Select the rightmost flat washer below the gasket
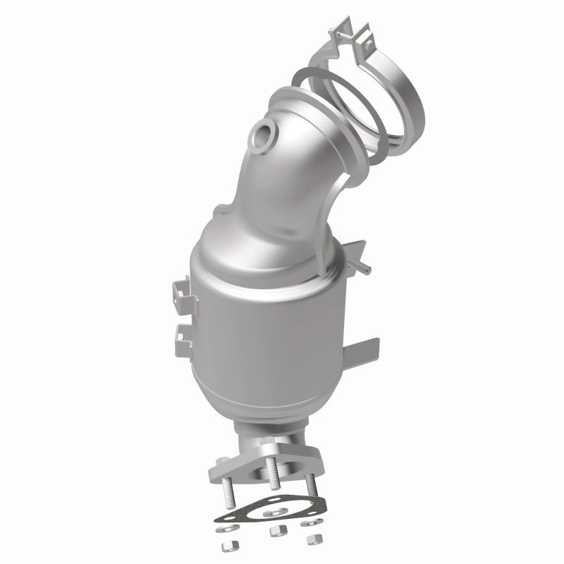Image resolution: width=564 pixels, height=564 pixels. pos(308,524)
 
